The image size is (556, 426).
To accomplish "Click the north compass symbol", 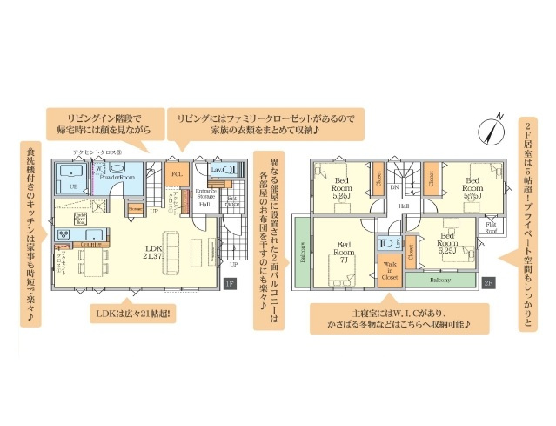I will point(492,131).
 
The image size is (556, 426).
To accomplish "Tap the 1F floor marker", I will point(230,283).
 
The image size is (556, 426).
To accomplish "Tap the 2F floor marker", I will point(488,283).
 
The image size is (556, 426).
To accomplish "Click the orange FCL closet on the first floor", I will point(176,173).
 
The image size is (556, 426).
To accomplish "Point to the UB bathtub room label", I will point(73,186).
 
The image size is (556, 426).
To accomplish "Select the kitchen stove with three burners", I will point(64,234).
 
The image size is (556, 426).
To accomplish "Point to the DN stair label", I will point(393,186).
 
